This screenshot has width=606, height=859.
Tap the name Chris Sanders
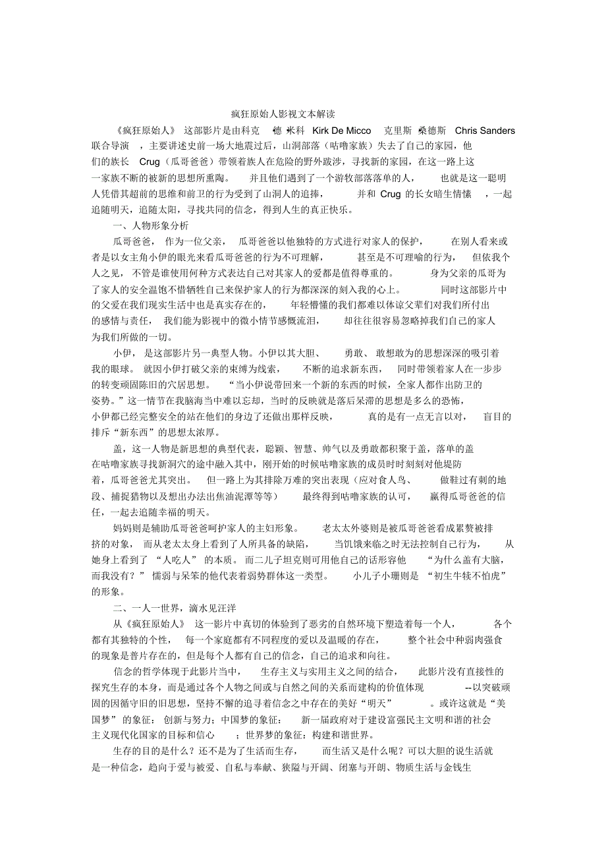click(485, 131)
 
